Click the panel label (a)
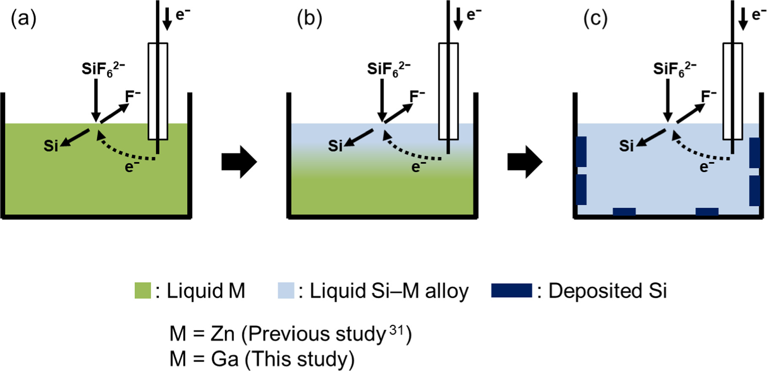pos(23,19)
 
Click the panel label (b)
pos(309,19)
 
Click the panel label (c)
pos(595,19)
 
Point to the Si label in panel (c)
pos(626,146)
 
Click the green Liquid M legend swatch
pos(143,291)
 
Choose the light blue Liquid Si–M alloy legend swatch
pos(286,291)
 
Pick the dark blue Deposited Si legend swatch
pos(511,291)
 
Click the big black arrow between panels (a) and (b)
pos(239,162)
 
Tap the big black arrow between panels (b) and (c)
pos(525,162)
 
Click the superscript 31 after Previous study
pos(397,330)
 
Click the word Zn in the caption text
pos(223,334)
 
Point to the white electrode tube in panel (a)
pos(158,91)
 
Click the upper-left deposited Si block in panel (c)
pos(582,151)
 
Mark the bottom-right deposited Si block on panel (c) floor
pos(707,211)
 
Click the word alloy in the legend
pos(447,291)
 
